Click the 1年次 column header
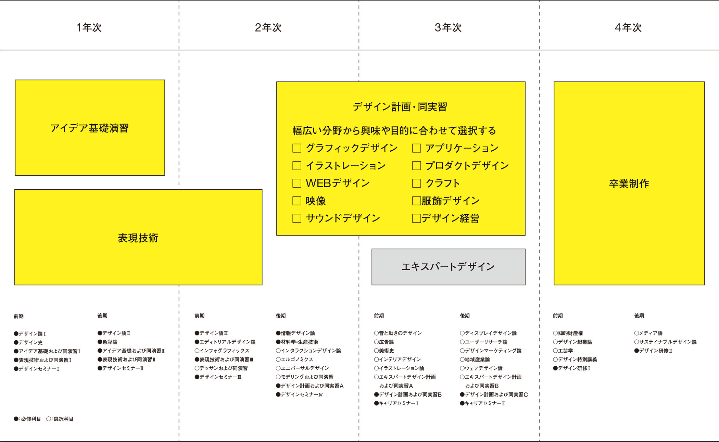[89, 27]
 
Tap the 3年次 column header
[448, 27]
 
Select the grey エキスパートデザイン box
[449, 267]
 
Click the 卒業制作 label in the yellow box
[629, 184]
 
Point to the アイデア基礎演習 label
[89, 128]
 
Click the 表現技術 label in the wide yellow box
[138, 238]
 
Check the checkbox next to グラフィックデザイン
[297, 148]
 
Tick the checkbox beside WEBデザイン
[297, 183]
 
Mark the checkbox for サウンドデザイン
[297, 218]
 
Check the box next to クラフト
[417, 183]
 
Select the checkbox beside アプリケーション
[417, 148]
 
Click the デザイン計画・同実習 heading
[400, 107]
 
